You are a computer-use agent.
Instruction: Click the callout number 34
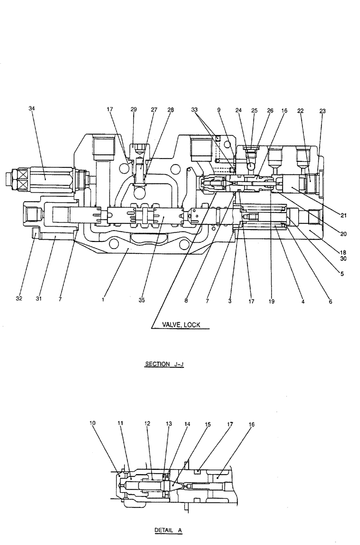click(x=31, y=109)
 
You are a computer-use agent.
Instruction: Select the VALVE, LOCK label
click(x=181, y=325)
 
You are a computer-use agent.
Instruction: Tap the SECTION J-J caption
click(x=164, y=365)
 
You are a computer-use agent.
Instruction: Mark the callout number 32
click(x=19, y=300)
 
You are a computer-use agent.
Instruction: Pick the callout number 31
click(x=38, y=300)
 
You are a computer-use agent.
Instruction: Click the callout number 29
click(x=134, y=110)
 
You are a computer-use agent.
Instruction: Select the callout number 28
click(x=171, y=110)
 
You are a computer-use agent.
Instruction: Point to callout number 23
click(x=322, y=111)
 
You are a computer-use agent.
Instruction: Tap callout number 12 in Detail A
click(x=147, y=422)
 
